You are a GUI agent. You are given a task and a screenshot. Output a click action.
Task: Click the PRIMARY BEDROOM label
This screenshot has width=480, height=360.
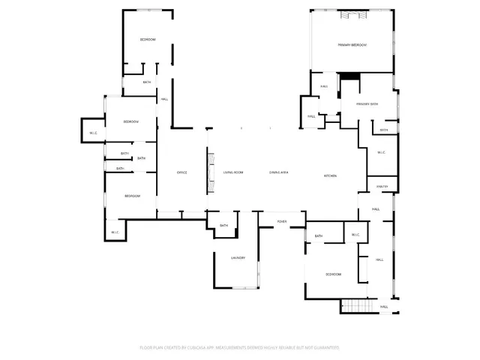[x=352, y=46]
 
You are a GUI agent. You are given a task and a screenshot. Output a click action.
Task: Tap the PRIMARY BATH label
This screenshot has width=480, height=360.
[x=367, y=103]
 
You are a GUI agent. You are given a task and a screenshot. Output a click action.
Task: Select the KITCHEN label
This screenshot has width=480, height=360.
[x=330, y=176]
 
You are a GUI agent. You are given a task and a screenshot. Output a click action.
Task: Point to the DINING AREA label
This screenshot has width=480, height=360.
[x=279, y=173]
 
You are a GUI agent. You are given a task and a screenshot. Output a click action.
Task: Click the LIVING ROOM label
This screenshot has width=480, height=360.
[x=233, y=173]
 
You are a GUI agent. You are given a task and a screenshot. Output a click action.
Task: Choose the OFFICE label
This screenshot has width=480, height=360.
[x=181, y=173]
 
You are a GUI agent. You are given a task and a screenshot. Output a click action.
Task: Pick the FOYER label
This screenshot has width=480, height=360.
[x=282, y=222]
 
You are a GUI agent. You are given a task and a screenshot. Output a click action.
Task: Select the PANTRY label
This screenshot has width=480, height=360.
[x=381, y=187]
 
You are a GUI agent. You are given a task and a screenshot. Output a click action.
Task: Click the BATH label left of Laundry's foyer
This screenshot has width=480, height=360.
[x=223, y=226]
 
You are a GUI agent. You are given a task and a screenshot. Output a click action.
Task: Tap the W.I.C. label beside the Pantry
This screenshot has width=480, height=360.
[x=380, y=152]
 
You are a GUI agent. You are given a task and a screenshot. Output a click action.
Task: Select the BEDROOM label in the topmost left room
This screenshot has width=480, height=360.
[x=147, y=39]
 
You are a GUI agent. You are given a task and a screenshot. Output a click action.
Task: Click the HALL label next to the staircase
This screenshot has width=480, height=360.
[x=383, y=307]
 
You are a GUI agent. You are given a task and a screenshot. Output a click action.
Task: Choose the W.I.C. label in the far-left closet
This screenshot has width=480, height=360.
[x=93, y=133]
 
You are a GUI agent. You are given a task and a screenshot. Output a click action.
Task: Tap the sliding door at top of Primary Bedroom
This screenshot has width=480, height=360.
[x=352, y=14]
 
